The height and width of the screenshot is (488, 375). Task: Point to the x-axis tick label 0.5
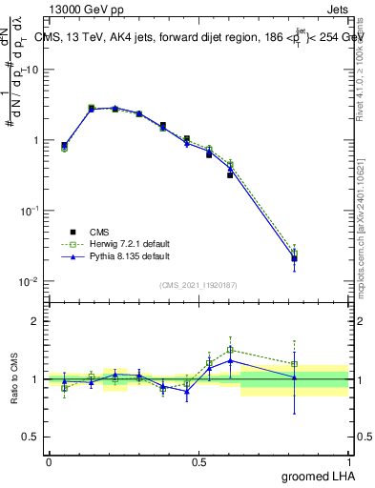(198, 461)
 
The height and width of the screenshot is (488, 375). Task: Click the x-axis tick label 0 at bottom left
(49, 461)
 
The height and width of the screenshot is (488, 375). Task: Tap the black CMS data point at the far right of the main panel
(295, 258)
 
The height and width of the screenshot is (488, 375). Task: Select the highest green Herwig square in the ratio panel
(230, 350)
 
